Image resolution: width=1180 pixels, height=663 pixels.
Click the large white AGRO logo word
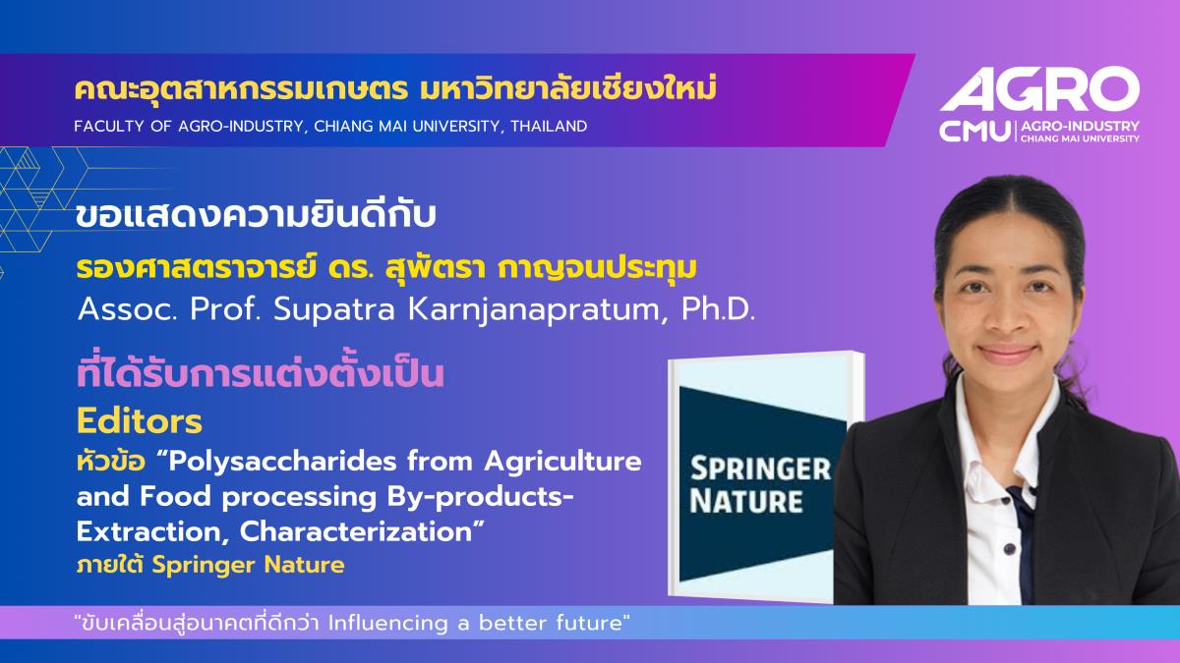[1040, 89]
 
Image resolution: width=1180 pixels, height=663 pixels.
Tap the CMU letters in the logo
[975, 132]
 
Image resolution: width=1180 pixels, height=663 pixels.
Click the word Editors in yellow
[140, 421]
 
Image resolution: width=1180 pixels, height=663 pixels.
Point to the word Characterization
[357, 531]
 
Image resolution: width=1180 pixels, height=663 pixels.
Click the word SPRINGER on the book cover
[760, 469]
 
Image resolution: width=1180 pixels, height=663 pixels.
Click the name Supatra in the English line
[334, 309]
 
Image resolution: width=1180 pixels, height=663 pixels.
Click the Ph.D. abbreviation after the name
[719, 309]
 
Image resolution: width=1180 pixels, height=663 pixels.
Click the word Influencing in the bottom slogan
[387, 624]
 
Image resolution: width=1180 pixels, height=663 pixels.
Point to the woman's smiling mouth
[1008, 352]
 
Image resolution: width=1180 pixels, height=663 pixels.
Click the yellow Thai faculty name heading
[395, 88]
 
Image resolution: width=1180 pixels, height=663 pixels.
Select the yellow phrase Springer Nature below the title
[248, 566]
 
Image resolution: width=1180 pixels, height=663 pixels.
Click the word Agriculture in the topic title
[562, 462]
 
